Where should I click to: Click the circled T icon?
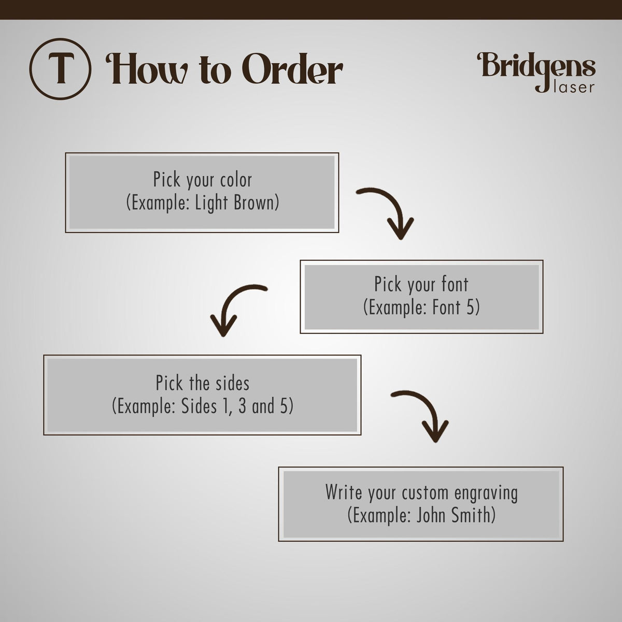tap(60, 69)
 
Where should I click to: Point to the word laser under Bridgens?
tap(574, 87)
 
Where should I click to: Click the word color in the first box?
tap(236, 180)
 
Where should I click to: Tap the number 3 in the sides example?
tap(243, 406)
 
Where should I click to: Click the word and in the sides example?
tap(263, 406)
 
